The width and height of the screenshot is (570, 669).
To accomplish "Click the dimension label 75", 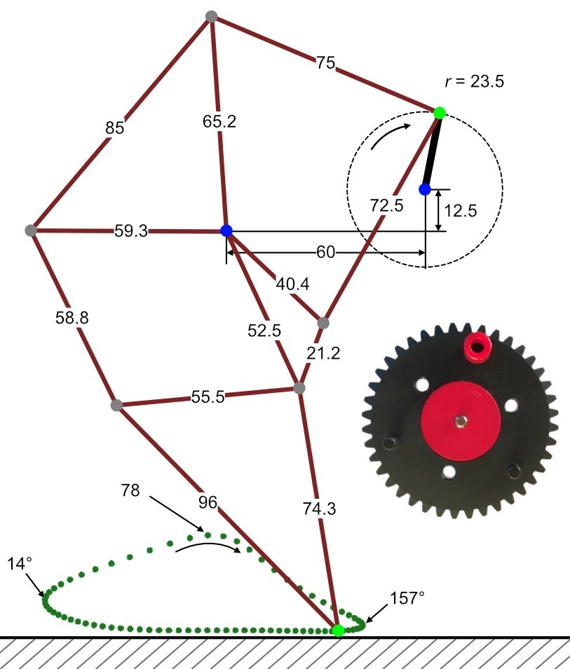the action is [x=325, y=63].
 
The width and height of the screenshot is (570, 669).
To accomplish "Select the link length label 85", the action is [x=114, y=127].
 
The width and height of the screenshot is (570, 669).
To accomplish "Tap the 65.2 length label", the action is [x=219, y=122].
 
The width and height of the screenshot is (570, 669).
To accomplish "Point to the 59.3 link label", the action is [x=131, y=230].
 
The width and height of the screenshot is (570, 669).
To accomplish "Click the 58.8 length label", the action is [x=72, y=317].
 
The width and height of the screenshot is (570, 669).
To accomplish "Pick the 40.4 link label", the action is [x=292, y=284].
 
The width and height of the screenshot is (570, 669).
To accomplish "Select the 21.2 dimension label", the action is [x=323, y=353].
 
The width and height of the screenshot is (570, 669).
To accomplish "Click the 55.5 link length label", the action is [x=208, y=396].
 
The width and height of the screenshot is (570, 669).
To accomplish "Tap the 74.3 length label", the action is [x=320, y=508].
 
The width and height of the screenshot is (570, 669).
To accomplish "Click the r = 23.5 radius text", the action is [x=475, y=81].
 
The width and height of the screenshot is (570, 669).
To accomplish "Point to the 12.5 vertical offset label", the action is [x=460, y=211].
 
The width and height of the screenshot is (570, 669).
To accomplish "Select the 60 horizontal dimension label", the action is [x=325, y=252].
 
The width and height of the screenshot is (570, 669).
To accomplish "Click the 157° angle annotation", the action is [x=407, y=598].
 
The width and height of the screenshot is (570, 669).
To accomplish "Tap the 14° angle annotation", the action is [x=20, y=564].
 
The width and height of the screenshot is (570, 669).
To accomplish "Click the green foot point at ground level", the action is [x=338, y=630].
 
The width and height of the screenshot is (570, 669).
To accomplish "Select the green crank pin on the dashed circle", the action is [x=440, y=113].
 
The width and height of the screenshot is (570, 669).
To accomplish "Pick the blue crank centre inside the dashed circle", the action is [x=425, y=189].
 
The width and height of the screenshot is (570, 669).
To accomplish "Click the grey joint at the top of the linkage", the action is [x=211, y=17].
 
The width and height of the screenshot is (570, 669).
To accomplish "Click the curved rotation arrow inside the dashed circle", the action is [x=389, y=133].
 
